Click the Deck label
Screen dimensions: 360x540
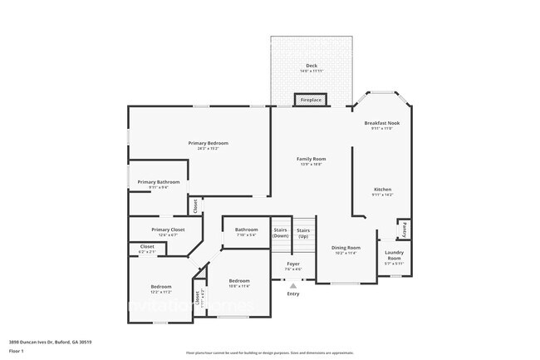tap(312, 66)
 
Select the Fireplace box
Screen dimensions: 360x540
tap(311, 101)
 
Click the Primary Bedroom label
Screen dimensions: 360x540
tap(207, 143)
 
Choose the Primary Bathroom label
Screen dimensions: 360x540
tap(158, 182)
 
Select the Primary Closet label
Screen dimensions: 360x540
tap(168, 229)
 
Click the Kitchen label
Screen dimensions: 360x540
tap(383, 190)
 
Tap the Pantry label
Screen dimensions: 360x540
tap(403, 229)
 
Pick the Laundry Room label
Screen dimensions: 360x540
tap(394, 258)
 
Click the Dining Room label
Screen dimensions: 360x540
tap(346, 248)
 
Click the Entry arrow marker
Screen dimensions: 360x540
tap(292, 285)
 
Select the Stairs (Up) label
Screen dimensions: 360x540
tap(303, 233)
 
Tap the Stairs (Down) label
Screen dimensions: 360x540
tap(281, 233)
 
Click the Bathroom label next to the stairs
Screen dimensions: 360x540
tap(246, 229)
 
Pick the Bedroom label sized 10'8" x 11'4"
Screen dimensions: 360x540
tap(239, 282)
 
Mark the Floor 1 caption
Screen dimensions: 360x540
tap(17, 351)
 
